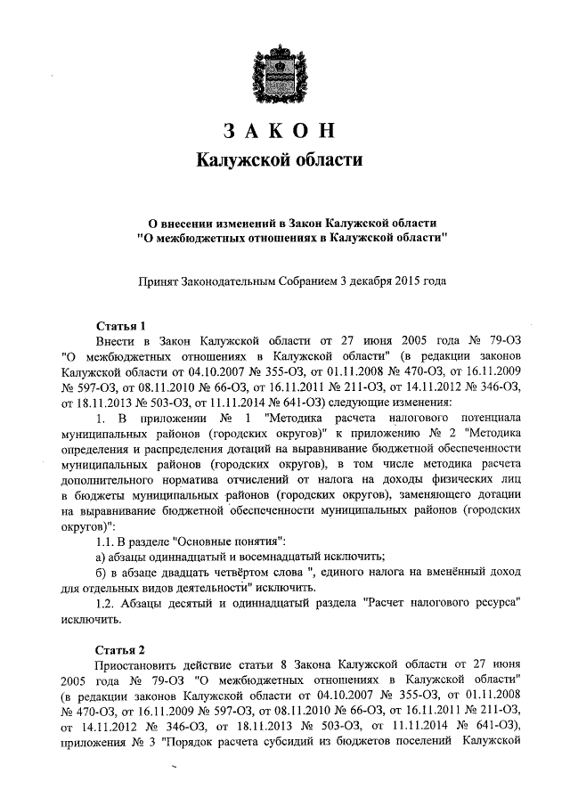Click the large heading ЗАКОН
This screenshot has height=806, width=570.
[286, 130]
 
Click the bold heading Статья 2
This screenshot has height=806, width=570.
[119, 647]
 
